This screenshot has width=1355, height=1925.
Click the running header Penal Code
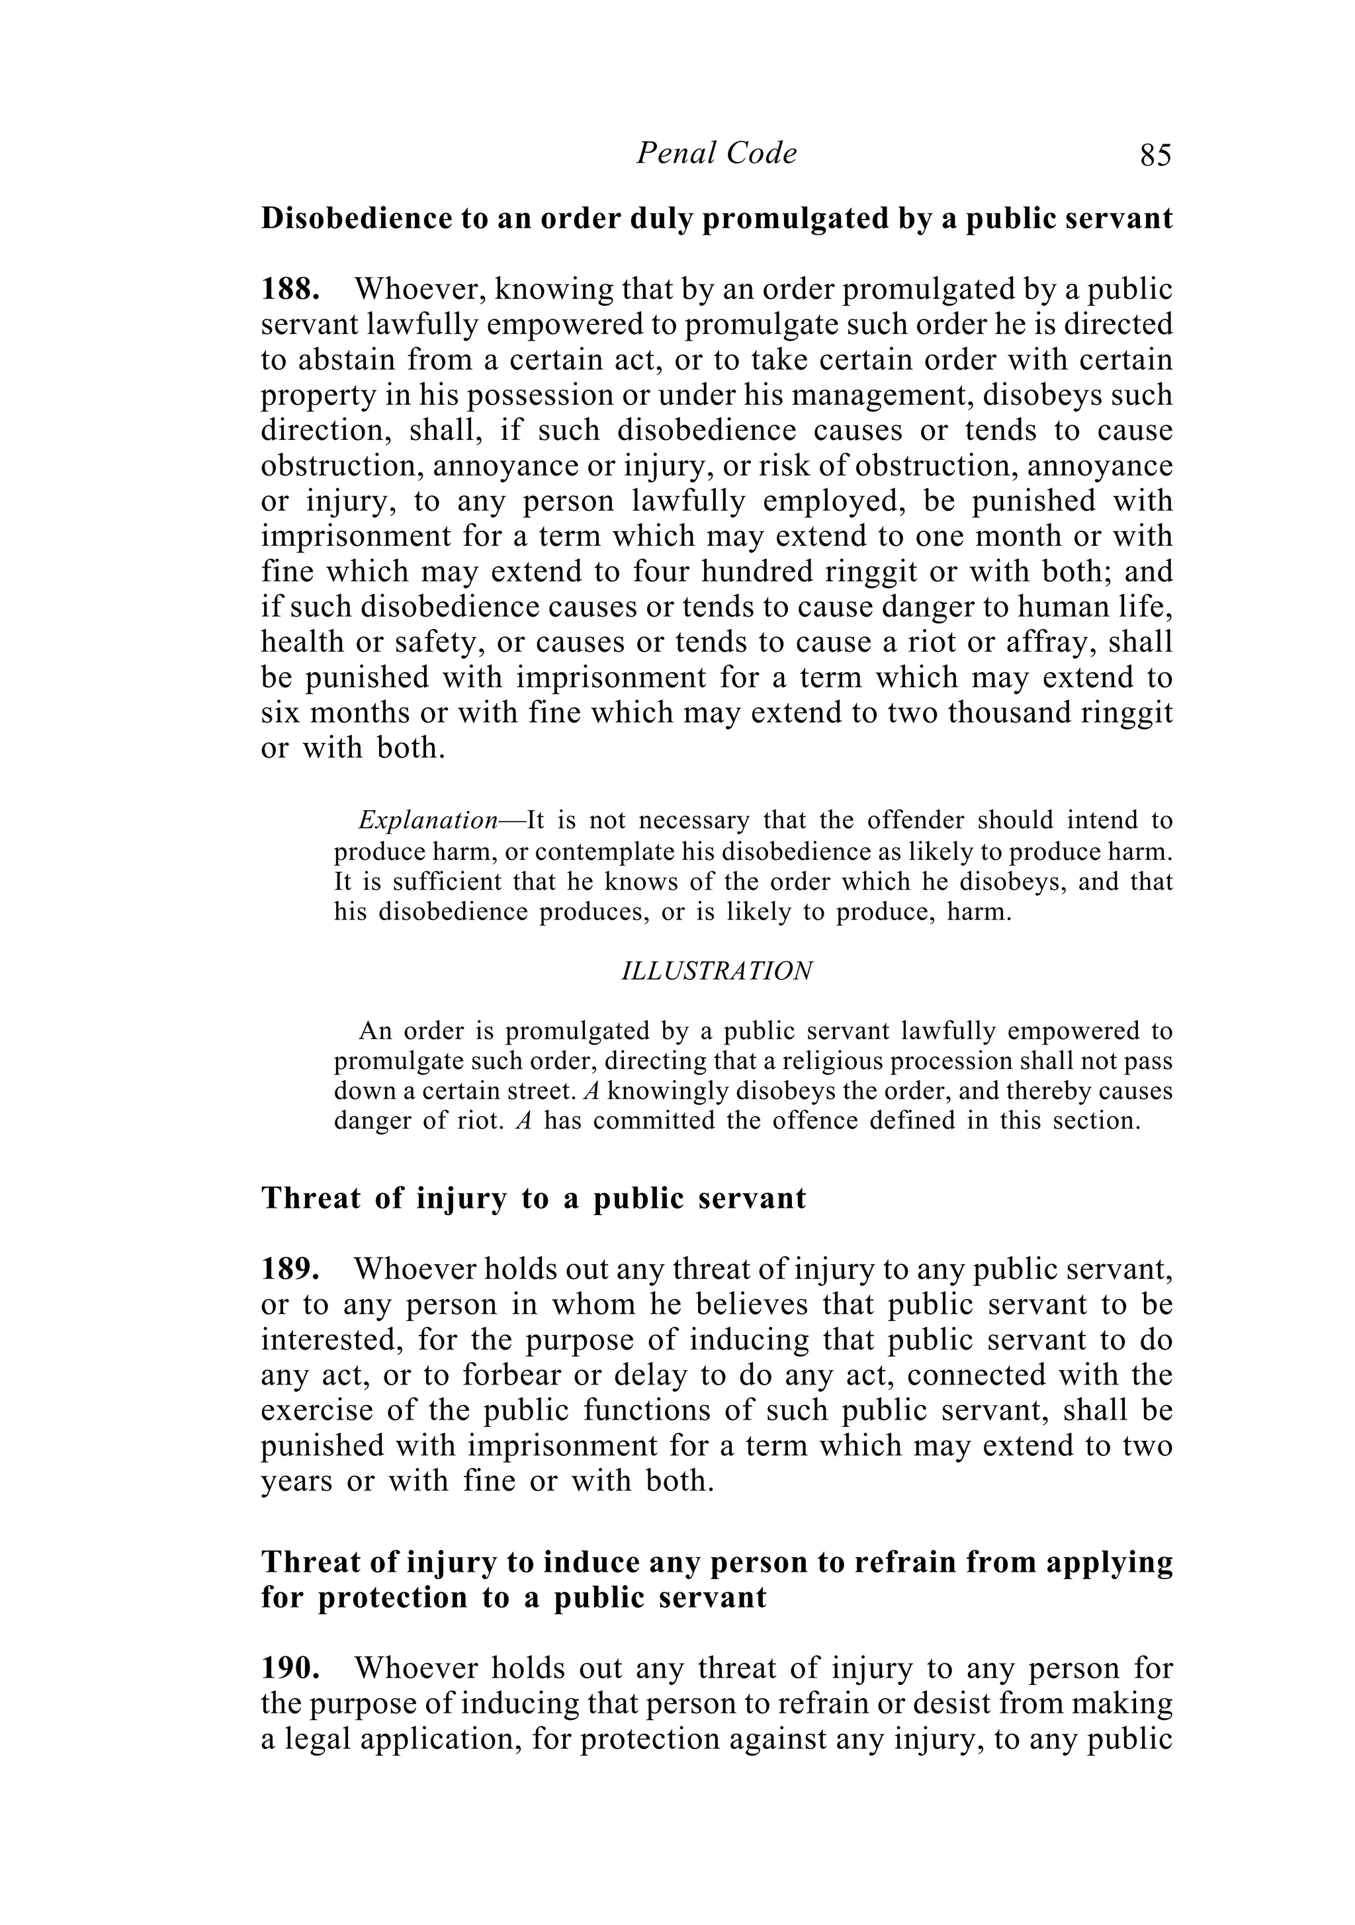716,153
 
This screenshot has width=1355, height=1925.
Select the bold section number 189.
290,1269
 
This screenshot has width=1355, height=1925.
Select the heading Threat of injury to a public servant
533,1198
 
